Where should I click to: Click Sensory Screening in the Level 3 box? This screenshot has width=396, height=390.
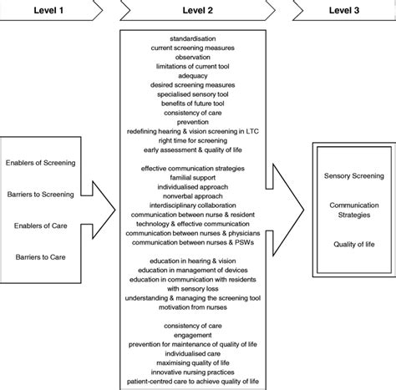(x=353, y=176)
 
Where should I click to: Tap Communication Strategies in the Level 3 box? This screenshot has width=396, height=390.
(x=353, y=209)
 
